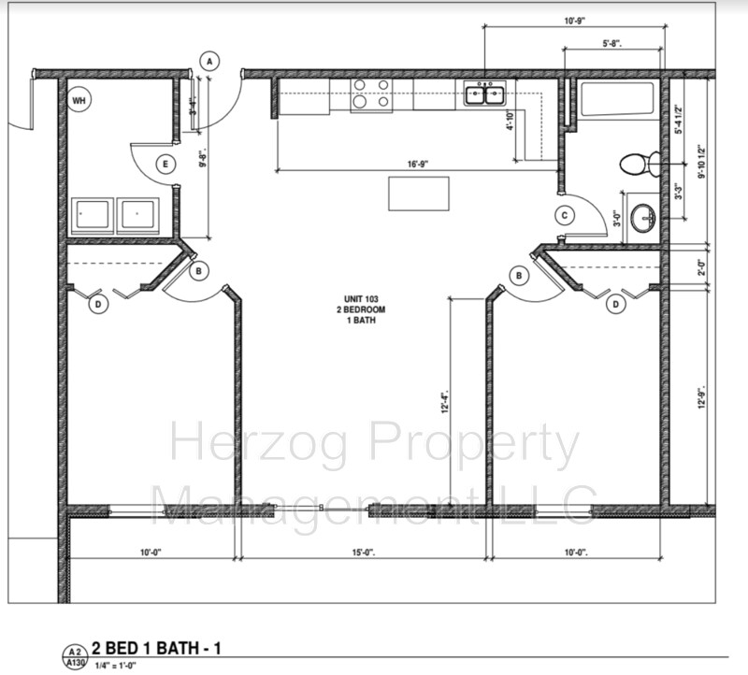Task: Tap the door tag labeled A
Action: tap(210, 62)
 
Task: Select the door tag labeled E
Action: tap(165, 165)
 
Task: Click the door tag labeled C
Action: tap(564, 215)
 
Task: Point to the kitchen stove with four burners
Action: tap(370, 94)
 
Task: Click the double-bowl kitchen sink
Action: tap(483, 93)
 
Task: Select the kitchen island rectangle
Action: tap(418, 194)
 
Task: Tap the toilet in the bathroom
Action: tap(637, 165)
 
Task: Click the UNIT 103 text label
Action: tap(361, 299)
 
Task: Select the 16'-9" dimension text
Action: tap(418, 165)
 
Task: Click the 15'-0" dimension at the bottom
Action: tap(364, 553)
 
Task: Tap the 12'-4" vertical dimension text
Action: tap(446, 403)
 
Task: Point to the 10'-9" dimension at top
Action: tap(575, 20)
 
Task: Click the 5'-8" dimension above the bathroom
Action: tap(613, 42)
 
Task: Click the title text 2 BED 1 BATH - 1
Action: tap(157, 648)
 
